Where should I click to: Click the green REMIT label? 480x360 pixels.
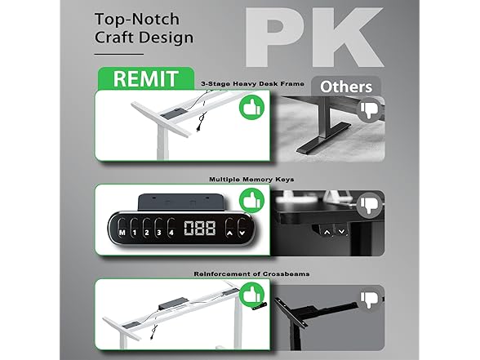(145, 78)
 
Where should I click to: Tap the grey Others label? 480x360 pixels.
(346, 87)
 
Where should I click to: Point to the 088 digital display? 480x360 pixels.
(199, 229)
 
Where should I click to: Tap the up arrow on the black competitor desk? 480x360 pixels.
(327, 232)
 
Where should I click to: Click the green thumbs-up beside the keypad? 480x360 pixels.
(251, 201)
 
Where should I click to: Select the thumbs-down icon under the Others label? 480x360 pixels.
(370, 110)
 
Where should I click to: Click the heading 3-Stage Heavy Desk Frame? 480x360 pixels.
(253, 83)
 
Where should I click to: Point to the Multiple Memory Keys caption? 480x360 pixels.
(251, 180)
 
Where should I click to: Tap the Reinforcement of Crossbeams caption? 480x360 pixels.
(251, 273)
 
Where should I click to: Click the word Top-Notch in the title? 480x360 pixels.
(137, 20)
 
